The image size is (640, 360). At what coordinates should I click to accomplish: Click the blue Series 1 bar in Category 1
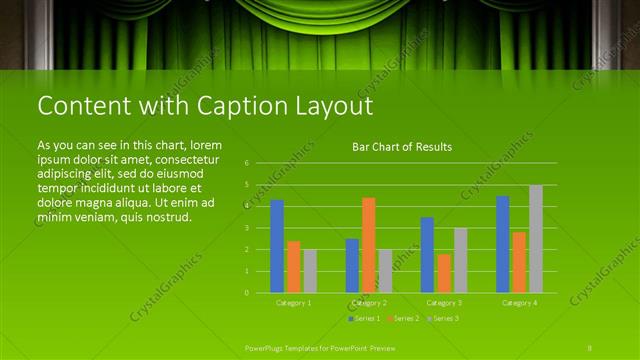pos(277,246)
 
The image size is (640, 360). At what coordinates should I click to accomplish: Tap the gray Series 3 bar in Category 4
pos(536,239)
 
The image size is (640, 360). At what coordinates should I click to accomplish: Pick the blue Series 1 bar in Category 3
pos(427,255)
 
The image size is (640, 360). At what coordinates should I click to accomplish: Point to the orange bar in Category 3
pos(444,273)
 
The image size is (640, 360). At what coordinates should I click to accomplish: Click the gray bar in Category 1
pos(310,271)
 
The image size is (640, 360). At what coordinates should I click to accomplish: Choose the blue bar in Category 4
pos(502,244)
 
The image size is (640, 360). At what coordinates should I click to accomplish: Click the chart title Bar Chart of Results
pos(402,147)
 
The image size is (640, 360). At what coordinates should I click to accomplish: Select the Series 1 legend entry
pos(364,318)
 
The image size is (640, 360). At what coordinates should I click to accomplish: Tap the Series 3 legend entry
pos(443,318)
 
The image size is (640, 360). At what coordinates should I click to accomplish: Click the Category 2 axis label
pos(369,302)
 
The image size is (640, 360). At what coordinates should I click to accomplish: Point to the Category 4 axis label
pos(519,302)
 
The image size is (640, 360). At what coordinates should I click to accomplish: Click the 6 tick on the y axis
pos(247,162)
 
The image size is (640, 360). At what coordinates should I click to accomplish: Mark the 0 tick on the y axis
pos(247,293)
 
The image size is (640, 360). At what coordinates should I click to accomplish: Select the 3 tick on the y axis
pos(247,228)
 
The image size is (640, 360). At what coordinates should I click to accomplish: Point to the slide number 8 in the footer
pos(590,346)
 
